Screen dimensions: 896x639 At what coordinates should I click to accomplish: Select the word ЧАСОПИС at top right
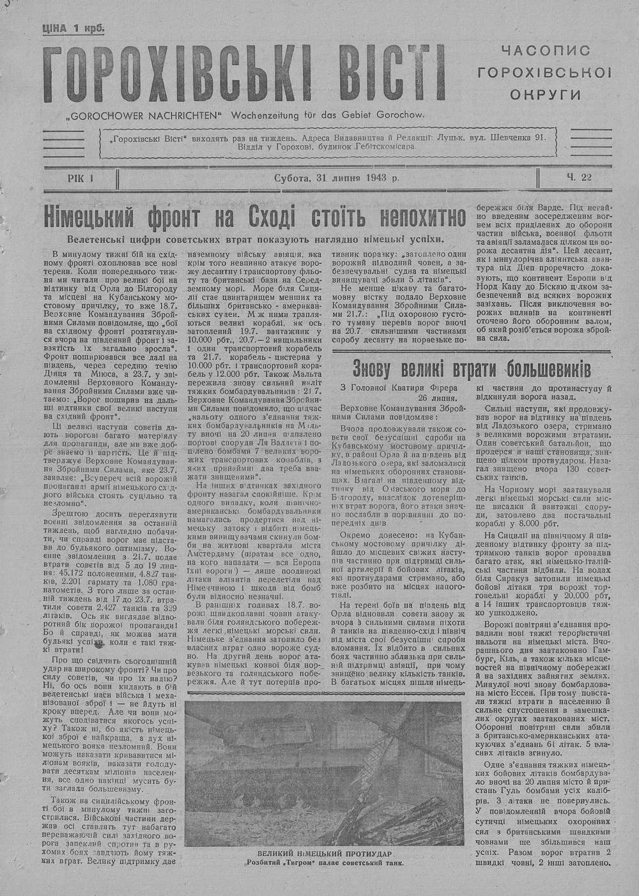pyautogui.click(x=545, y=50)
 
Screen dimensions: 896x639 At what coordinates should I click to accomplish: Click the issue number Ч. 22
pyautogui.click(x=578, y=178)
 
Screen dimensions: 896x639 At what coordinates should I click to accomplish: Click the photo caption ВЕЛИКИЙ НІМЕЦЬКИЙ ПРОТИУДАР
pyautogui.click(x=326, y=854)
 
